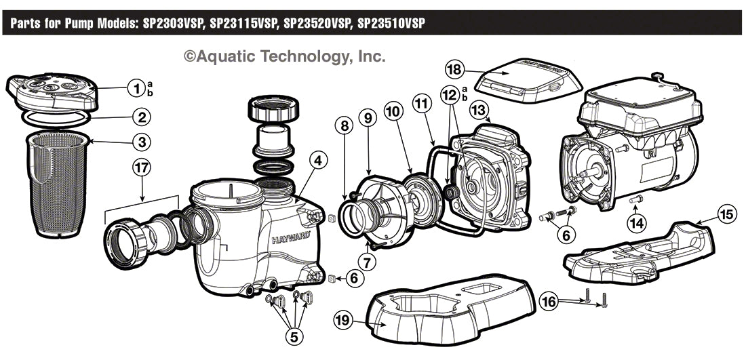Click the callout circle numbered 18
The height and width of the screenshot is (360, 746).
click(455, 70)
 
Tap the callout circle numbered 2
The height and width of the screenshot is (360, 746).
click(140, 117)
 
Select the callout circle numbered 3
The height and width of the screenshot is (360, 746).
click(140, 142)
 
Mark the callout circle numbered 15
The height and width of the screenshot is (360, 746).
click(726, 215)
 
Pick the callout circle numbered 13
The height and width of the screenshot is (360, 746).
click(479, 109)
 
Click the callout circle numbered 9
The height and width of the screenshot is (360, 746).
click(368, 117)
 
